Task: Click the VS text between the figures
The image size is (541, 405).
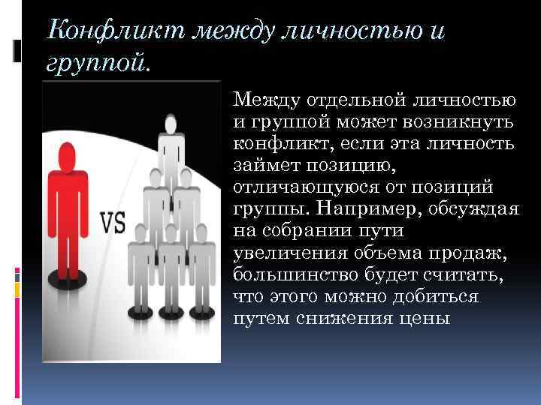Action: tap(113, 223)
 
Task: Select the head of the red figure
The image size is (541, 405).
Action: tap(68, 157)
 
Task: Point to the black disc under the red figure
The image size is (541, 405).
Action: tap(69, 280)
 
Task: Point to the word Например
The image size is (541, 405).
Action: tap(364, 206)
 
